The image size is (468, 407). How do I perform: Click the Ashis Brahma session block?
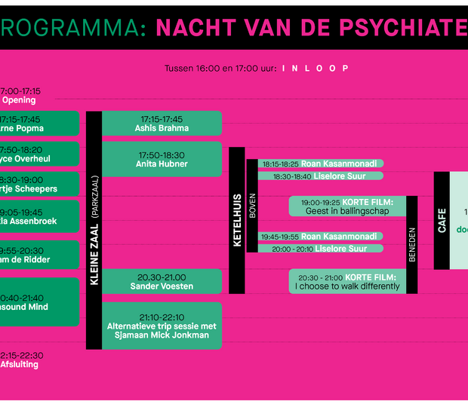click(162, 124)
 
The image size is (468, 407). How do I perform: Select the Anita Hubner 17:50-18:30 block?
click(162, 159)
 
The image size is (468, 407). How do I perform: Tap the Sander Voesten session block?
click(162, 282)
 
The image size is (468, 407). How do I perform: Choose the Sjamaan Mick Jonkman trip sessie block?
click(162, 326)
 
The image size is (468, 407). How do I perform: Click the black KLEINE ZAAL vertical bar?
click(94, 230)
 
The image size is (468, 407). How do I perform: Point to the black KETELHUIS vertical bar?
click(236, 219)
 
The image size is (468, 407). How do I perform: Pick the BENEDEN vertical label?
click(412, 244)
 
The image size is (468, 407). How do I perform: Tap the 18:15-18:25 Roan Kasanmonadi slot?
click(320, 164)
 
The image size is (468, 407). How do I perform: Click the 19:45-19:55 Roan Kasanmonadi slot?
click(320, 237)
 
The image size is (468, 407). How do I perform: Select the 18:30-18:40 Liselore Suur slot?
click(320, 176)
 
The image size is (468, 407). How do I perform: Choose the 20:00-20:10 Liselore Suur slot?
click(320, 249)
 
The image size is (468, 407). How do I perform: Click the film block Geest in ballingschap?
click(347, 207)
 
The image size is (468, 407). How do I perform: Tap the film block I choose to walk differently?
click(347, 281)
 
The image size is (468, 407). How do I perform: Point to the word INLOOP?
click(316, 69)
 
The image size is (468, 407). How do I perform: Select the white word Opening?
click(18, 100)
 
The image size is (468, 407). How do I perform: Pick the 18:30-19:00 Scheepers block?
click(38, 184)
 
